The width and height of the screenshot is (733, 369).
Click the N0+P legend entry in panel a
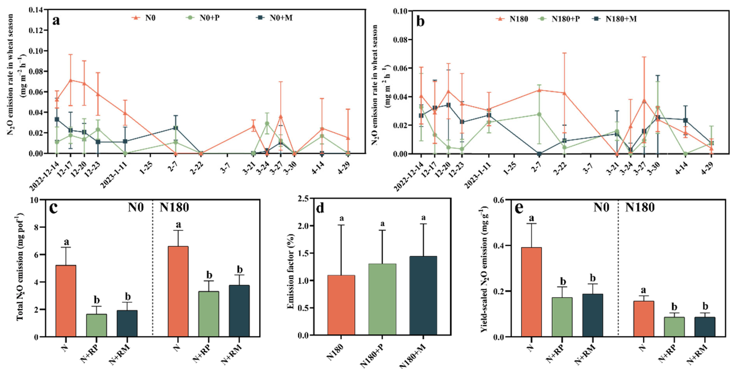(209, 18)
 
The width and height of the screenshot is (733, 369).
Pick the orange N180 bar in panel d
(341, 305)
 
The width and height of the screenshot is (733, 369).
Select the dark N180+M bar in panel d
(423, 296)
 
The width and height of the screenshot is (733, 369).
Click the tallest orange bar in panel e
(531, 292)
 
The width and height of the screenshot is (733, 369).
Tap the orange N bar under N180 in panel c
(178, 291)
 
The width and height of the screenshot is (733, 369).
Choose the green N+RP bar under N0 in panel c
(97, 325)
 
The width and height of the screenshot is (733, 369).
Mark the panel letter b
(420, 21)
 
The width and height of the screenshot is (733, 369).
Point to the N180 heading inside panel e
(640, 207)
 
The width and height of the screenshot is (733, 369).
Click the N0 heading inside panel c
(136, 207)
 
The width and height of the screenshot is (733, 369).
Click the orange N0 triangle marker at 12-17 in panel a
(71, 80)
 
